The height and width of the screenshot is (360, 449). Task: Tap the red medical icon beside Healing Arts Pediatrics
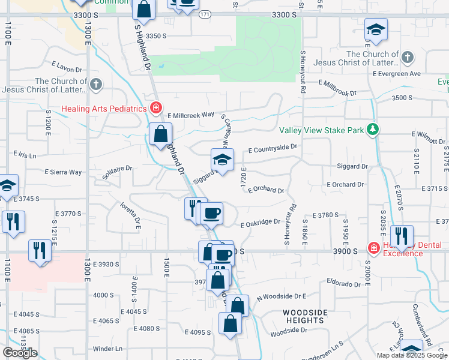[x=156, y=108]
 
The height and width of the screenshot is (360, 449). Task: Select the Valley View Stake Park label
[x=322, y=130]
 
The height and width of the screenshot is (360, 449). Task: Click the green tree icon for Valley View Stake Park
[x=373, y=129]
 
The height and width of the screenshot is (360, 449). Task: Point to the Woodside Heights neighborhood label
[x=305, y=317]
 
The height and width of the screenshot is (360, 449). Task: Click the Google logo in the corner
[x=20, y=353]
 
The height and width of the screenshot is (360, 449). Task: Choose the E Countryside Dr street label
[x=273, y=147]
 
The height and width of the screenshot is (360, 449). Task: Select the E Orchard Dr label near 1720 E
[x=264, y=190]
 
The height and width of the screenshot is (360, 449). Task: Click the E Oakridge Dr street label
[x=261, y=223]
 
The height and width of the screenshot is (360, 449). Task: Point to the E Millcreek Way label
[x=191, y=115]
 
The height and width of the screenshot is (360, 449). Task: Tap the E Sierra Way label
[x=63, y=172]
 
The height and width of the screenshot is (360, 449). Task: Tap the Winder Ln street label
[x=107, y=349]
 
